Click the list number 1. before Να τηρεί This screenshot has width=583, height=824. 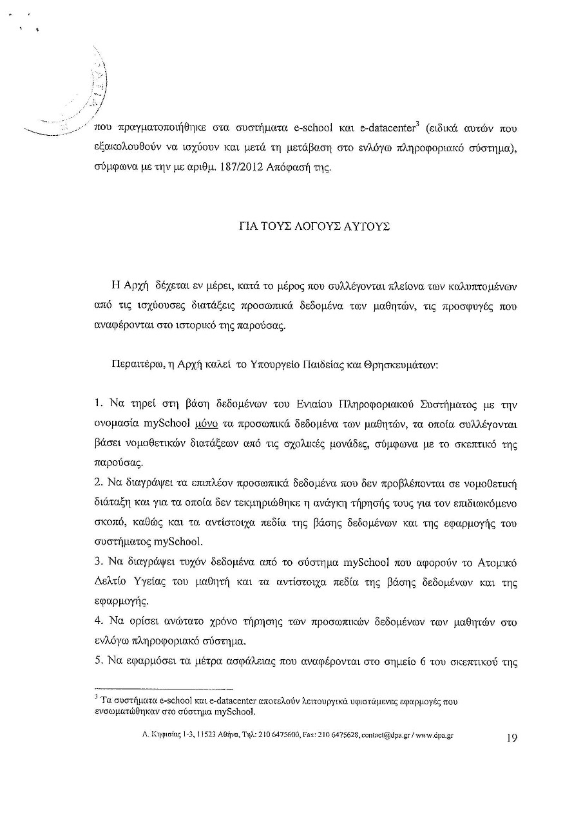pyautogui.click(x=99, y=404)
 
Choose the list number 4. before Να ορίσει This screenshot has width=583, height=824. pyautogui.click(x=99, y=623)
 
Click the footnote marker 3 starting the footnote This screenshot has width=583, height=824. pyautogui.click(x=95, y=697)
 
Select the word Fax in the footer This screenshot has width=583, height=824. pyautogui.click(x=301, y=735)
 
